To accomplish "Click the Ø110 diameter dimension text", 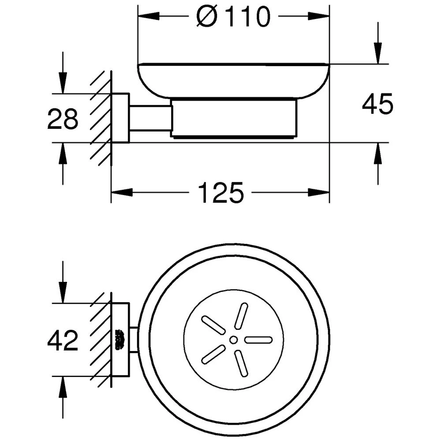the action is coord(233,17).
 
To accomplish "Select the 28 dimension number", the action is coord(63,119).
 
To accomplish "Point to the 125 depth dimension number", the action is coord(220,193).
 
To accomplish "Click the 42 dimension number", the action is coord(63,340).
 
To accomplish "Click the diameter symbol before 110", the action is coord(207,17).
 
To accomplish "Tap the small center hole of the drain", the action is coord(233,340).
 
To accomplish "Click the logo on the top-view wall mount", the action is coord(120,340).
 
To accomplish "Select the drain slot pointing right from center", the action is coord(259,340).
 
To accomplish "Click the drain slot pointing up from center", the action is coord(241,316).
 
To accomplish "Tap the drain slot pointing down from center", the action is coord(242,364).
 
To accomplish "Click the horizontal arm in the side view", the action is coord(150,118).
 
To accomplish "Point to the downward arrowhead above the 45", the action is coord(378,53).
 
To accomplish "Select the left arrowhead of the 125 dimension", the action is coord(122,193).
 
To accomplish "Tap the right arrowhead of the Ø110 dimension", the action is coord(319,16).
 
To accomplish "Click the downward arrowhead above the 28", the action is coord(63,83).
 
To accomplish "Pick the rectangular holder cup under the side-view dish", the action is coord(233,118).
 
